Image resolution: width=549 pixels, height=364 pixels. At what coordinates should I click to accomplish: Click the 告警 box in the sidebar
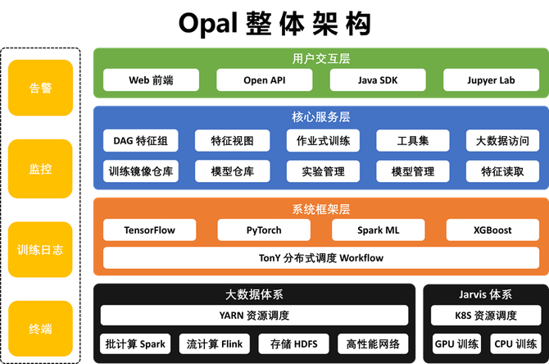40,88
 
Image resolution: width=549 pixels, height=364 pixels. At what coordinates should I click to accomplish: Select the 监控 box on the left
40,169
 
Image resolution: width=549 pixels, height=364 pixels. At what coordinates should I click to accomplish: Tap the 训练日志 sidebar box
40,249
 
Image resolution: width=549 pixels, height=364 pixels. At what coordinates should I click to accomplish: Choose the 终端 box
40,330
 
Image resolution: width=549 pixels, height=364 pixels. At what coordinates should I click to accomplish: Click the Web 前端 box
152,80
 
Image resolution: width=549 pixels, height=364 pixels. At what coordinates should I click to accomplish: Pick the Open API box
265,80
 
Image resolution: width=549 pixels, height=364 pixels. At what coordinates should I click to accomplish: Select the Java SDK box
379,80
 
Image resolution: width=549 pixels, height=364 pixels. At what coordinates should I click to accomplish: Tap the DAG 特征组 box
140,141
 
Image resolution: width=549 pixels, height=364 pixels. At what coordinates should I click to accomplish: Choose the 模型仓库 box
232,171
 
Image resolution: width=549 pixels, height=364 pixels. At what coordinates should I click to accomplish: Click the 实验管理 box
323,171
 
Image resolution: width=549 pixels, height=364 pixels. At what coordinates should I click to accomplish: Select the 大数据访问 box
501,141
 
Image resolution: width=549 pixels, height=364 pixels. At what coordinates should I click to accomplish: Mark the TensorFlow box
150,230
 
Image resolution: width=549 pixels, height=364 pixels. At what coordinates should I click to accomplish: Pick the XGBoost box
492,230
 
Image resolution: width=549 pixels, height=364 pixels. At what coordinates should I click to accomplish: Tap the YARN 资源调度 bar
254,316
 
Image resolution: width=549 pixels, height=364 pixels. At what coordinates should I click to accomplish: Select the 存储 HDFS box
293,344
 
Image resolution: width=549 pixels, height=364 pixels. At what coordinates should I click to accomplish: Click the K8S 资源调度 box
484,316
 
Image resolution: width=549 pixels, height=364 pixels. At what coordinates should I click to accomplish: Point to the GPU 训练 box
456,344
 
